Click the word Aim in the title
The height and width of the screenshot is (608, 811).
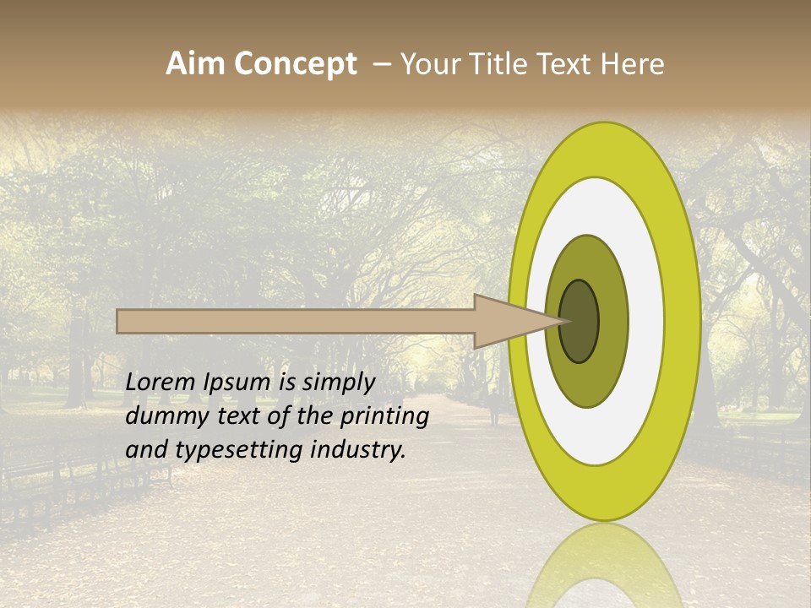tap(196, 64)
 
